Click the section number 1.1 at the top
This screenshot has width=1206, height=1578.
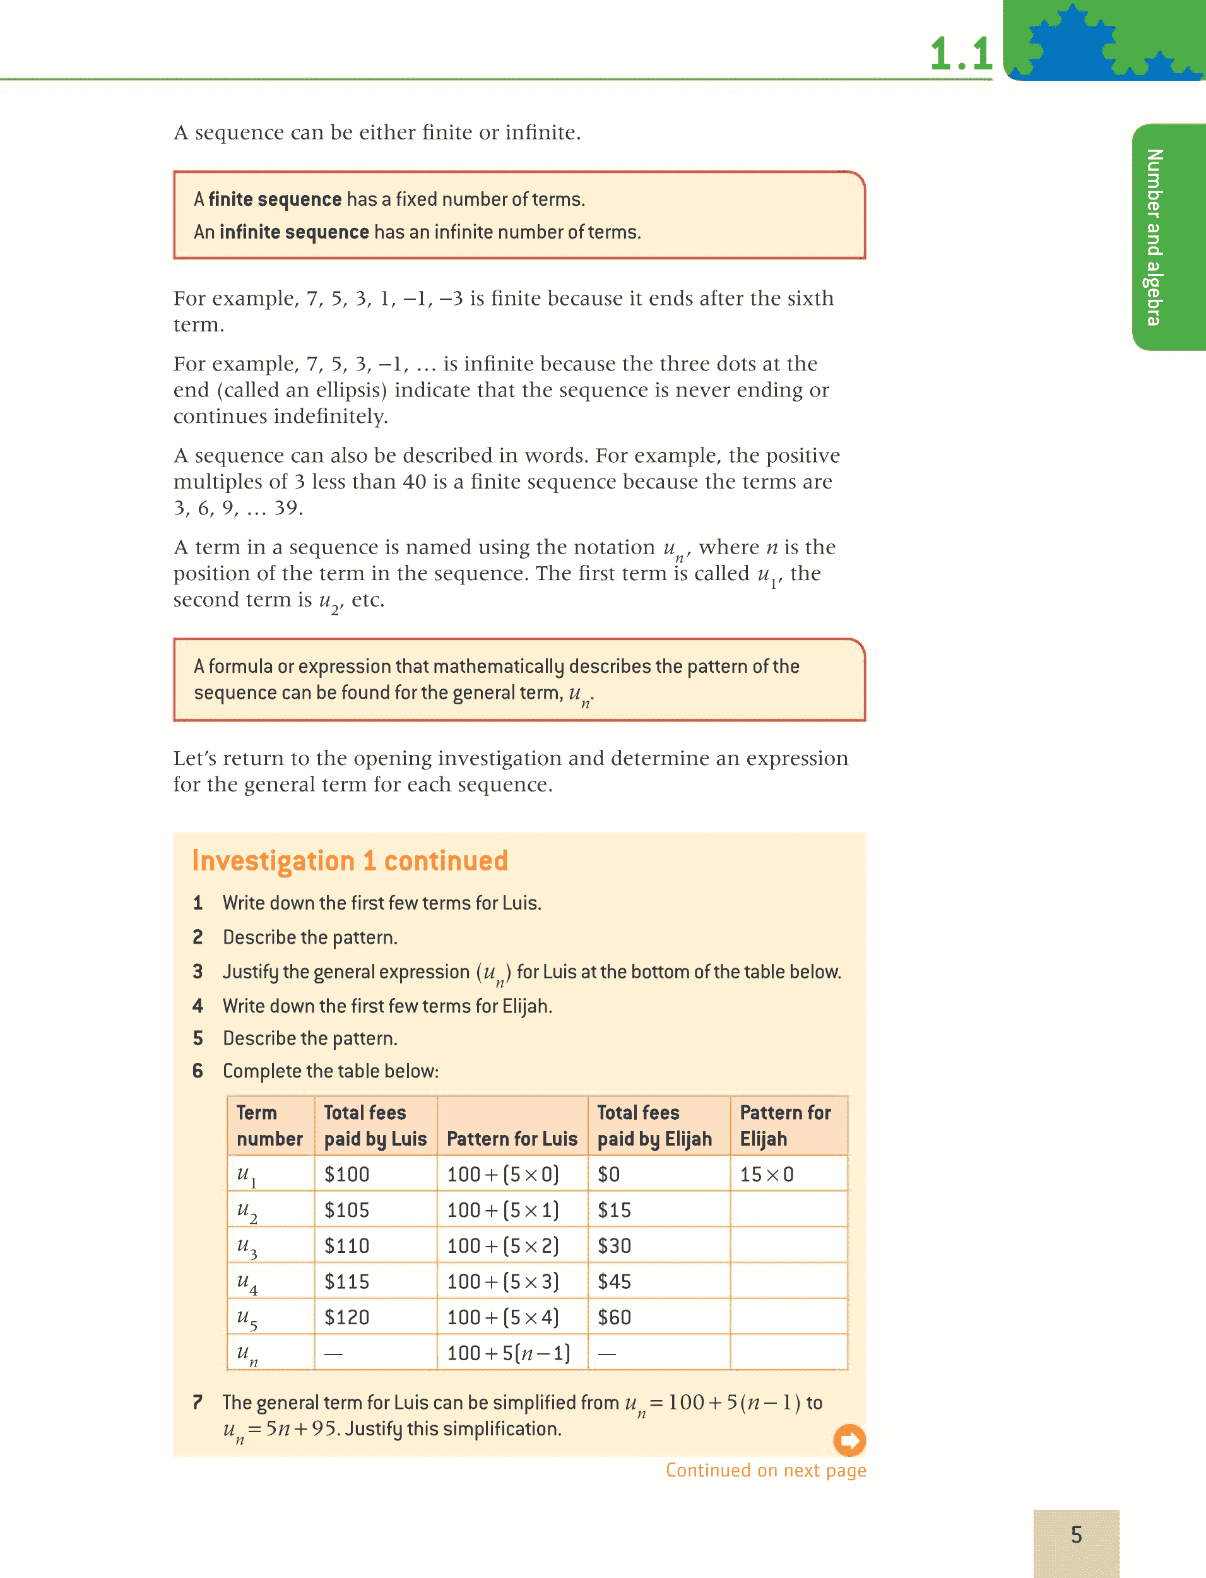click(961, 54)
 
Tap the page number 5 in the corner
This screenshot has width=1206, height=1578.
click(1076, 1534)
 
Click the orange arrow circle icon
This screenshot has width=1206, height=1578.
click(849, 1439)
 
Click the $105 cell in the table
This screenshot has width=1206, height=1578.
click(346, 1210)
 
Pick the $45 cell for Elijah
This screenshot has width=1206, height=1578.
click(615, 1281)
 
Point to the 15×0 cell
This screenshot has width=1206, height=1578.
click(767, 1175)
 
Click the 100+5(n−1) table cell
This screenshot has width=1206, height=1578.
click(508, 1353)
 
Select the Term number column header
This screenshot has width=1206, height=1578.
click(269, 1125)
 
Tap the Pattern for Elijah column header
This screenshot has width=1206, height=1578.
click(785, 1125)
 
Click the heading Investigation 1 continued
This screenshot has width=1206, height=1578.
click(350, 860)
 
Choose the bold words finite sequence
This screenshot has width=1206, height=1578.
click(275, 199)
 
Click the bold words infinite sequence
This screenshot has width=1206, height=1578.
click(294, 232)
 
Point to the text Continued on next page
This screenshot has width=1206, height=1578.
click(766, 1470)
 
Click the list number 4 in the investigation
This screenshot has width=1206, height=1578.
click(198, 1006)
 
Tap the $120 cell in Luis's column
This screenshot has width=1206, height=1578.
click(346, 1317)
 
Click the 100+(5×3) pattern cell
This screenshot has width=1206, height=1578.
click(502, 1281)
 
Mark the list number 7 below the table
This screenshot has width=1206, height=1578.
click(198, 1402)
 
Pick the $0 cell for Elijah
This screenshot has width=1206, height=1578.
click(609, 1175)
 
